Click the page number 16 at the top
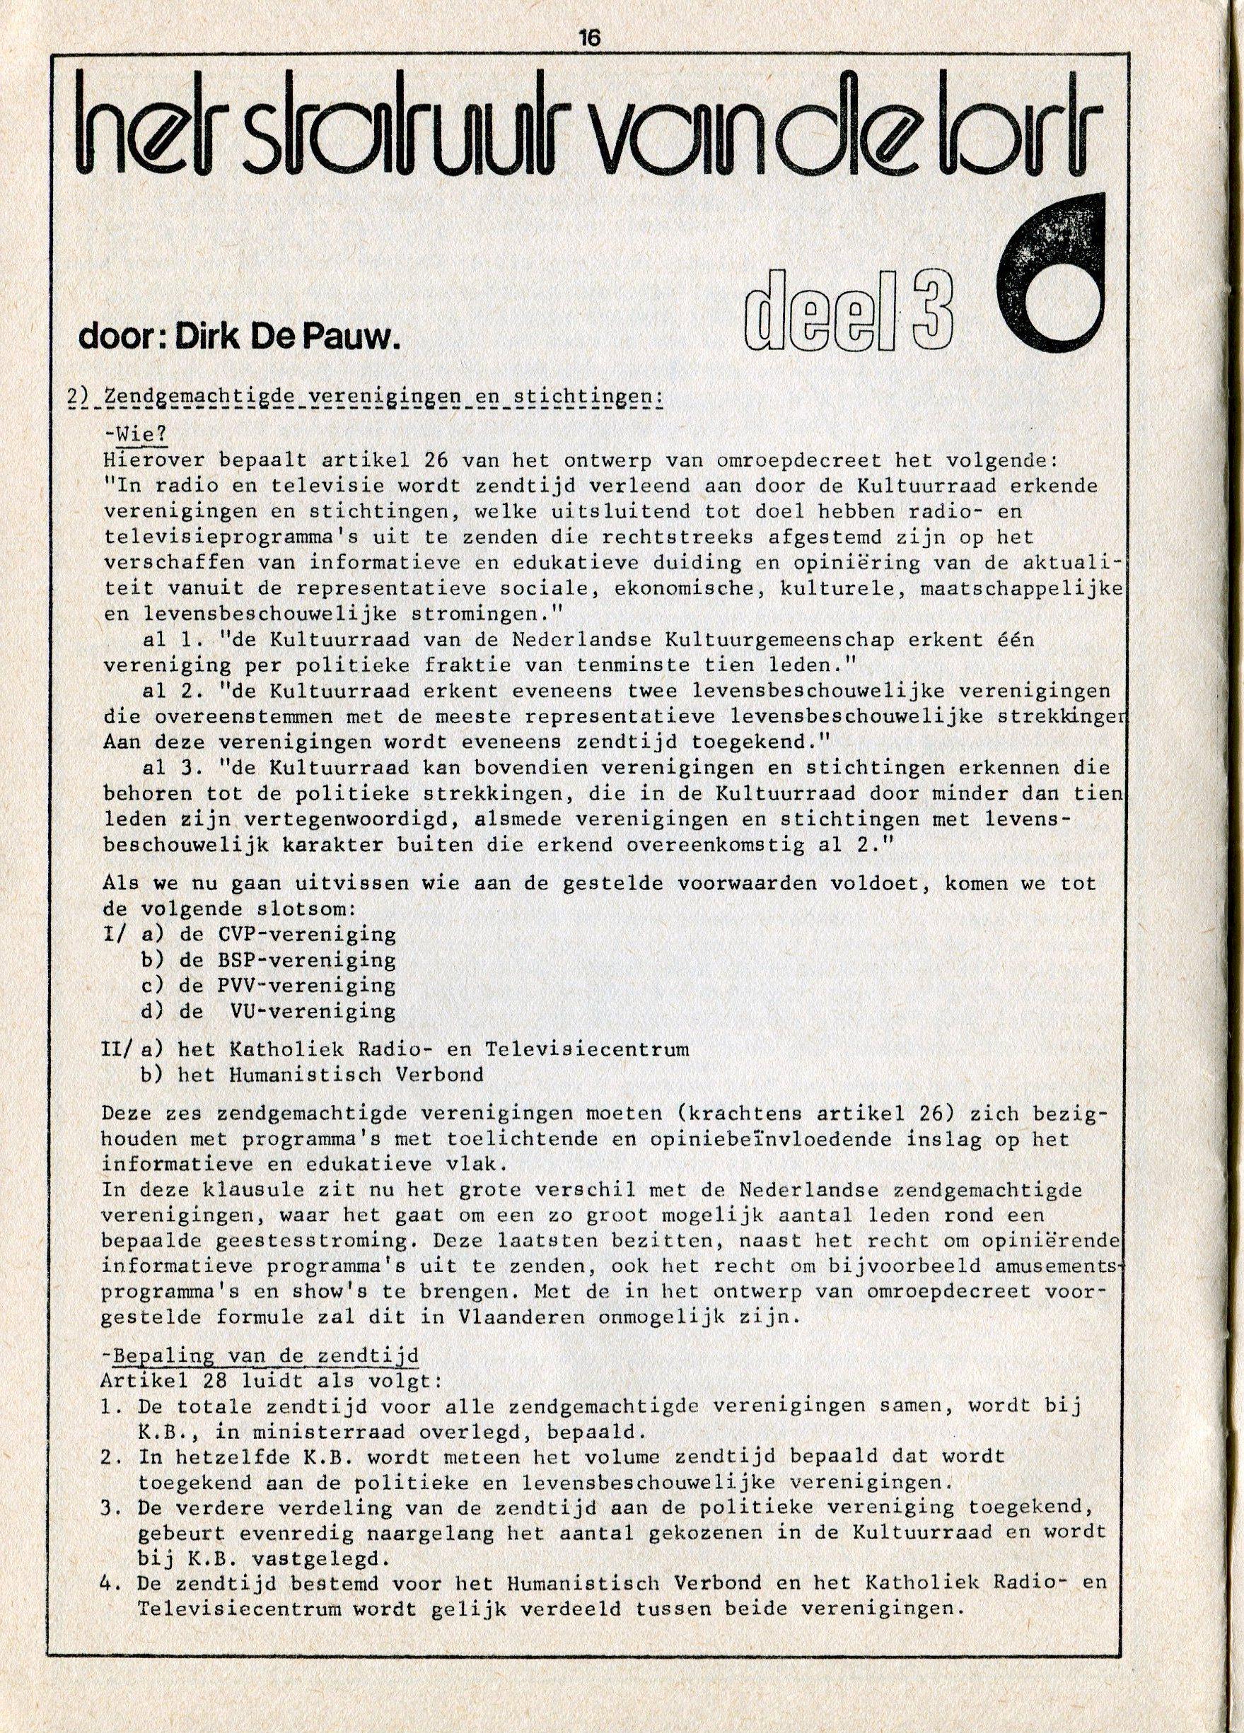pos(591,37)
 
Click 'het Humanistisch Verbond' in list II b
pos(330,1074)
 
